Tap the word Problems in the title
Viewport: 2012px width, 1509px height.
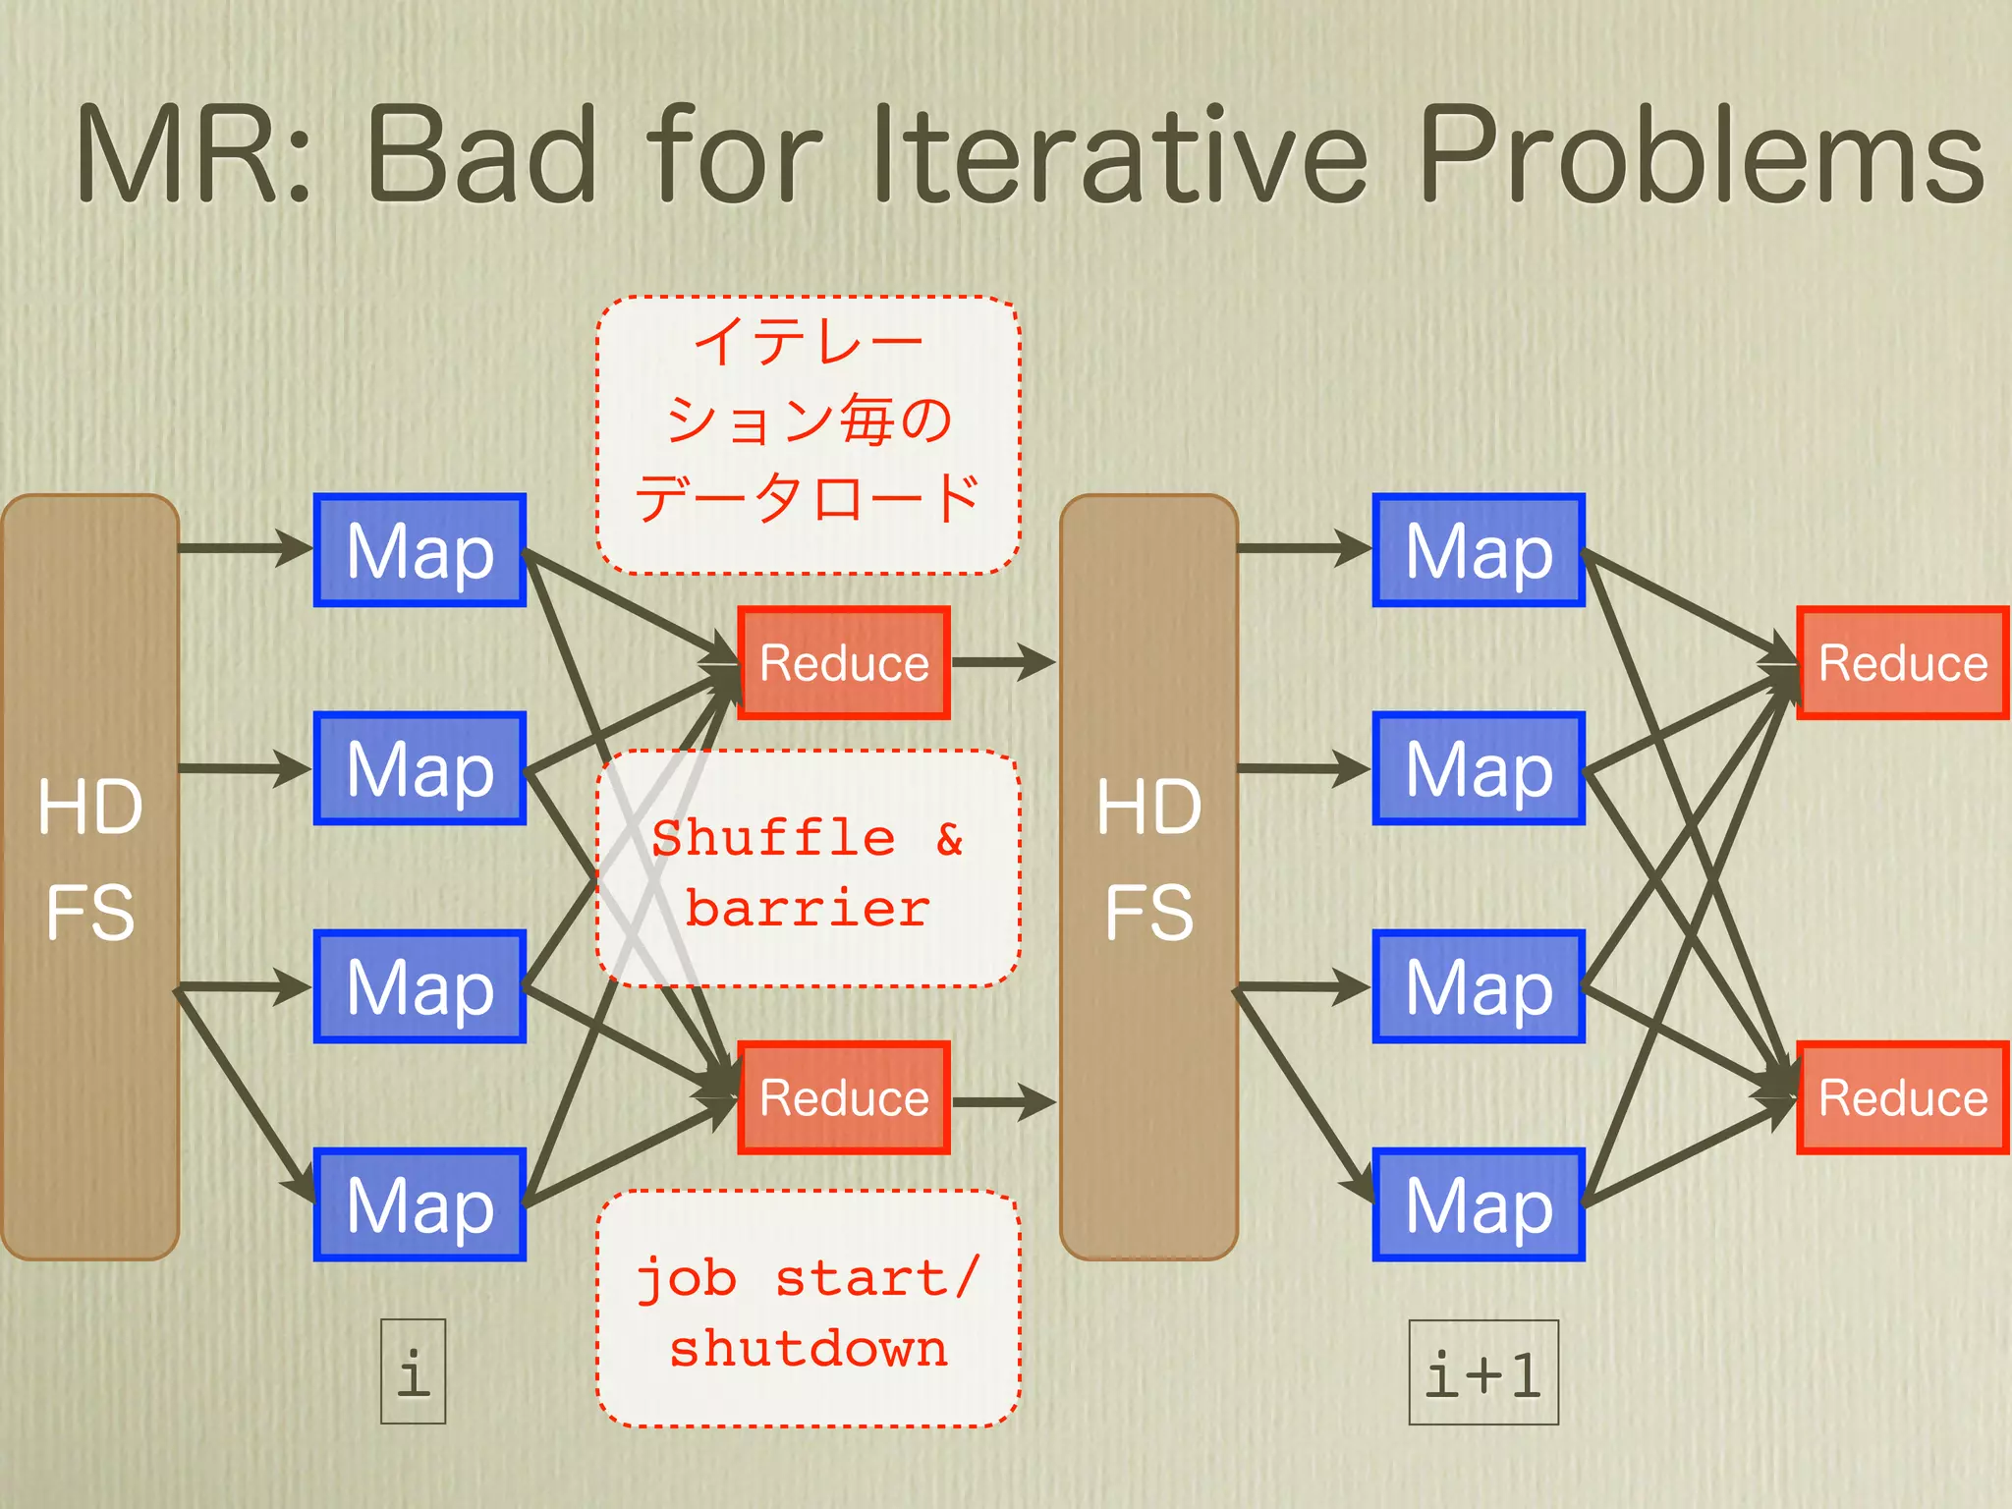(1701, 157)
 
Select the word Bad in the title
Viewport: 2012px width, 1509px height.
(481, 157)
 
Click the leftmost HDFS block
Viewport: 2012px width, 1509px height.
(90, 876)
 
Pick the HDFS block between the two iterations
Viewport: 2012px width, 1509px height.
(1148, 876)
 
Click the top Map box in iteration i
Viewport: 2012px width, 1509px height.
(419, 550)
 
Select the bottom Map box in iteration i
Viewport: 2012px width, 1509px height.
(419, 1204)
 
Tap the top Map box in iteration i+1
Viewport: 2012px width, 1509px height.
(1479, 550)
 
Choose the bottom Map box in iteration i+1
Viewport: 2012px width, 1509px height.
(1479, 1204)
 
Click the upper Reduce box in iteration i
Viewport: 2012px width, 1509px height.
(844, 663)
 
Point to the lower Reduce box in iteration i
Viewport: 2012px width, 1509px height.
(844, 1097)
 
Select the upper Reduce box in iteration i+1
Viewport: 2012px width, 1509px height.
(1903, 663)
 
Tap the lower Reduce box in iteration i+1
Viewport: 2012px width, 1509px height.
(1903, 1097)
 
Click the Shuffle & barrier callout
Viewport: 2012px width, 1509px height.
(809, 869)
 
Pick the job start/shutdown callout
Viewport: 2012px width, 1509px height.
(809, 1309)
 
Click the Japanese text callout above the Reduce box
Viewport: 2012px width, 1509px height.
(809, 434)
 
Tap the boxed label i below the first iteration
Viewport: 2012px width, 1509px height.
(414, 1371)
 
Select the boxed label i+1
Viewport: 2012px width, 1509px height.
(1483, 1372)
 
